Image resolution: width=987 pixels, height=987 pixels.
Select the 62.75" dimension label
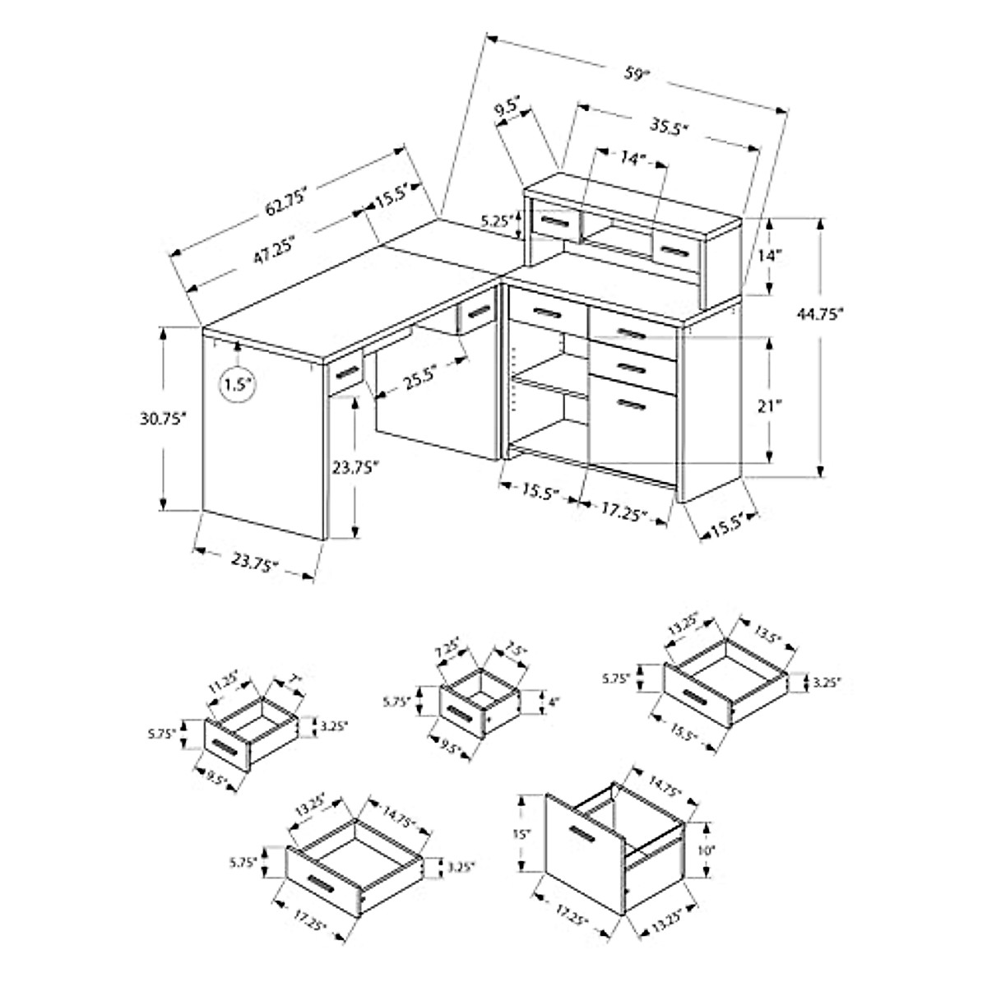pyautogui.click(x=285, y=202)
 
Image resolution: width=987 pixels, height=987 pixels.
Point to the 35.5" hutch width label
pyautogui.click(x=668, y=127)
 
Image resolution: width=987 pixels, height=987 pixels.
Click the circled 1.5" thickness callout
pyautogui.click(x=238, y=383)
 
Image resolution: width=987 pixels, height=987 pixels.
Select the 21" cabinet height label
pyautogui.click(x=792, y=405)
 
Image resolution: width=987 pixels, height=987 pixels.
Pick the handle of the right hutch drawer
pyautogui.click(x=675, y=249)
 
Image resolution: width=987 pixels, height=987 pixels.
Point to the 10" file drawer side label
pyautogui.click(x=704, y=849)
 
